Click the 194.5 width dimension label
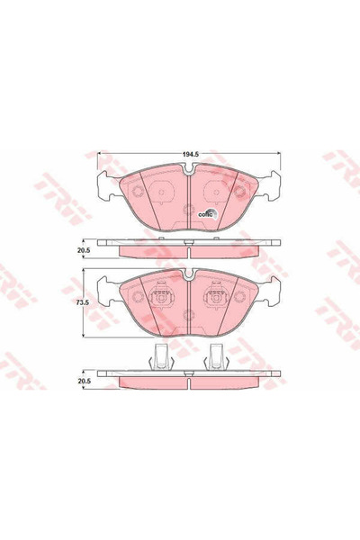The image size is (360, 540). click(x=187, y=155)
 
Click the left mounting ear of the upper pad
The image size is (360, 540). click(x=105, y=188)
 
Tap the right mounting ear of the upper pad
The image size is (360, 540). click(x=268, y=188)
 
